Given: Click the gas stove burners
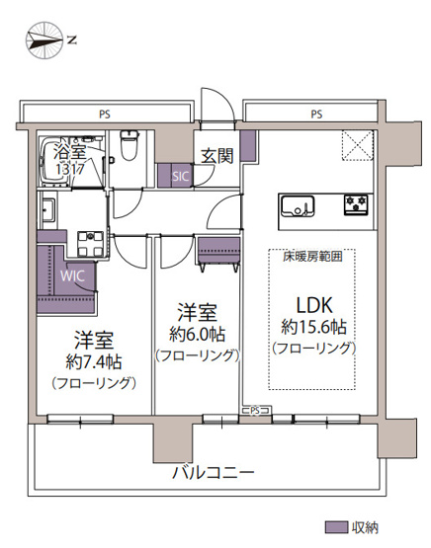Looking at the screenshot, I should click(355, 205).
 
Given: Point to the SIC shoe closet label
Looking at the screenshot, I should click(179, 176).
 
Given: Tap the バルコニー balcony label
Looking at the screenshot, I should click(214, 472).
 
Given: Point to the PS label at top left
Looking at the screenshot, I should click(104, 115).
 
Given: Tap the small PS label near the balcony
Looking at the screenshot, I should click(254, 410).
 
